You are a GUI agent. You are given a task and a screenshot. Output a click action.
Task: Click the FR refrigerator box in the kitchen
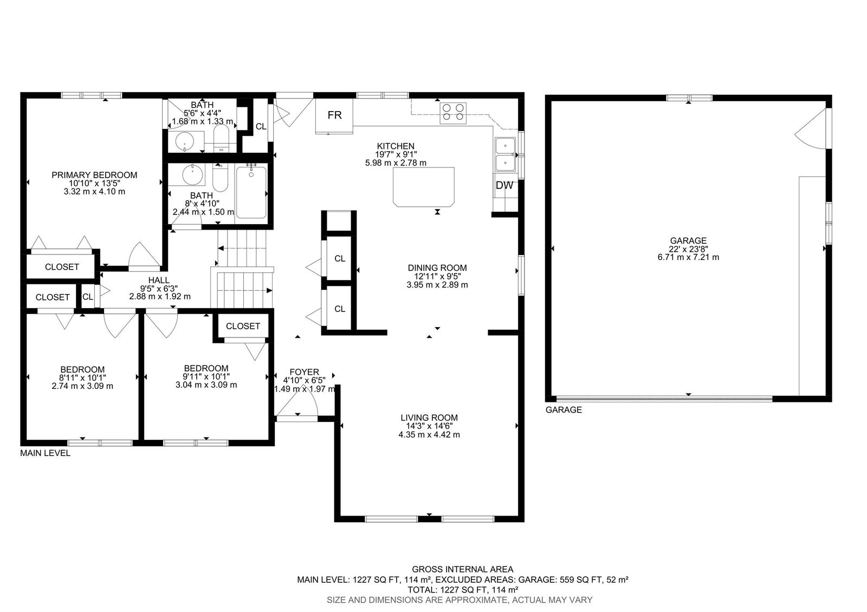point(334,116)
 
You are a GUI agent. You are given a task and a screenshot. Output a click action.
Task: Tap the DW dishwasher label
point(504,185)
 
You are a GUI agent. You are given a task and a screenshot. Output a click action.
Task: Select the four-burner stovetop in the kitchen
point(453,113)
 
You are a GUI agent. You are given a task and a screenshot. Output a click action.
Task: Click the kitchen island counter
point(423,187)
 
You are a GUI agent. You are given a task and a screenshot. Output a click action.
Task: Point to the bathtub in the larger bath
point(251,192)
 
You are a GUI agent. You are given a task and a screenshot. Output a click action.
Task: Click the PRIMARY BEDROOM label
point(94,175)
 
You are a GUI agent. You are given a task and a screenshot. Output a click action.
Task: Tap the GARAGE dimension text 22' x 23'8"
point(688,249)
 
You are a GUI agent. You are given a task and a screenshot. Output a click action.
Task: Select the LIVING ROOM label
point(429,418)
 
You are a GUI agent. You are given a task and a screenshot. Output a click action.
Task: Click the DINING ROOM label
point(437,268)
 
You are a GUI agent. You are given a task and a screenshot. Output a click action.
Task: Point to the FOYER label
point(304,372)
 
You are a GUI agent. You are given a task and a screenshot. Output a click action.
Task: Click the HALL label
point(159,280)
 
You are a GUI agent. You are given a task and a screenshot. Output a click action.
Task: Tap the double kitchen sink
point(506,154)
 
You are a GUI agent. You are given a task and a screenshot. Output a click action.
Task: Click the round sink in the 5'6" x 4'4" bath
point(185,141)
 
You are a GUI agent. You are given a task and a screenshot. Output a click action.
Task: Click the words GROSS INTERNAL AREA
point(463,569)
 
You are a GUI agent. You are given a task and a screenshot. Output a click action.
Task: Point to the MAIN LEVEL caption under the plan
point(46,453)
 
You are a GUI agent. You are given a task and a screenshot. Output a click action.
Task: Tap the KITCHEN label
point(396,146)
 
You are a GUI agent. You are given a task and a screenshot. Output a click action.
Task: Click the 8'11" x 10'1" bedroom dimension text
point(82,377)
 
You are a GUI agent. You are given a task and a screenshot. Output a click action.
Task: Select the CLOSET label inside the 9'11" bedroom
point(243,326)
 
